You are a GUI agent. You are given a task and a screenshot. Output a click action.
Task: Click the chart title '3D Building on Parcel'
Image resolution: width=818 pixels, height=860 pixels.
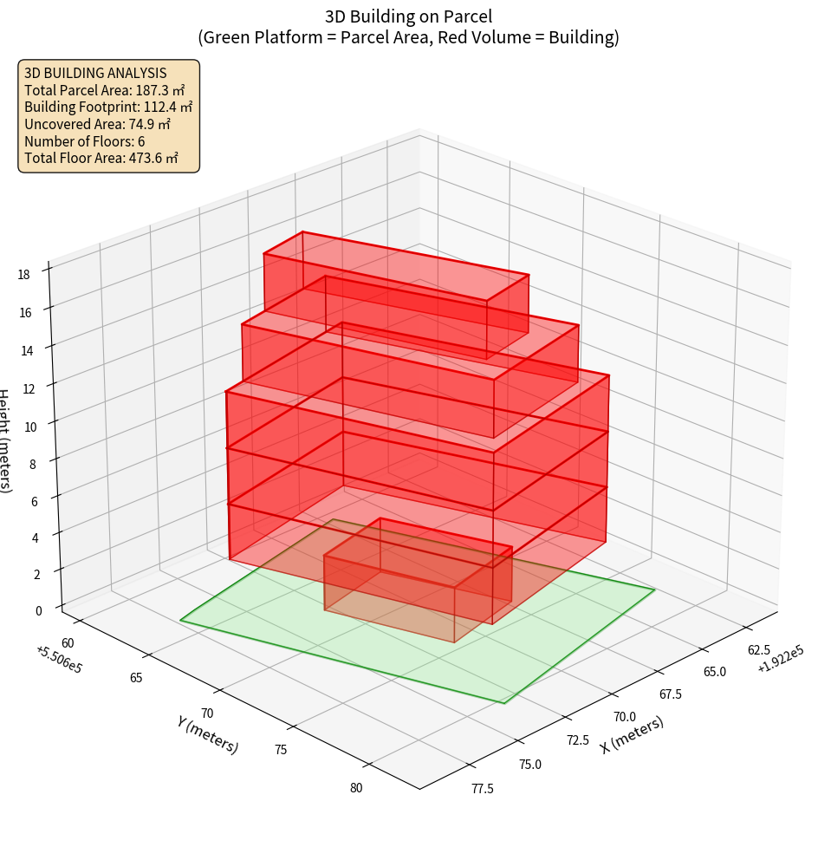[408, 16]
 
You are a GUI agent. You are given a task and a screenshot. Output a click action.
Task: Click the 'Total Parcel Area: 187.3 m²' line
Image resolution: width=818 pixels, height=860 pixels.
[105, 89]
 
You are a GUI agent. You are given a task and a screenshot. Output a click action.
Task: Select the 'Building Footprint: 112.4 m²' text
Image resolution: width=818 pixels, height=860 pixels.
[108, 107]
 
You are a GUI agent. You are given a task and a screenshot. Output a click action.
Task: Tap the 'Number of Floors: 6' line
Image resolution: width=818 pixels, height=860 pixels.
[84, 140]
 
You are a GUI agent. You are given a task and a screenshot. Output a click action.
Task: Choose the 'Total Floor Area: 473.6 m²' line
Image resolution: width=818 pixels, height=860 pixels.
[101, 158]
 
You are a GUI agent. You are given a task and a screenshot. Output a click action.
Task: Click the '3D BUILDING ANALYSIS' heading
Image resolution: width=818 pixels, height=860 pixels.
[95, 73]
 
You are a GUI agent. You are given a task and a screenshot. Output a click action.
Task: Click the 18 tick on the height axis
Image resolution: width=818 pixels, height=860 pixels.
[23, 275]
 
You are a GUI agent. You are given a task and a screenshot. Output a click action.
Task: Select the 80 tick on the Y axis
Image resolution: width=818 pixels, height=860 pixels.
[356, 788]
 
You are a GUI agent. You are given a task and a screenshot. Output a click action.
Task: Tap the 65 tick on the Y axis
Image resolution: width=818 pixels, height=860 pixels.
[136, 678]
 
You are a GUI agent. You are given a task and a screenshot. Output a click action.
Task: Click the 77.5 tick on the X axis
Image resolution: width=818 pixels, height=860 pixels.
[484, 788]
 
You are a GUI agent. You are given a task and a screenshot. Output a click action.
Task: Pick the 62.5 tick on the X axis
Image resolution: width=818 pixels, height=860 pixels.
[759, 650]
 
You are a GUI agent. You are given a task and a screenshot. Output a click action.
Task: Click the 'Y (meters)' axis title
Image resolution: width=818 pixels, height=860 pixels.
[207, 734]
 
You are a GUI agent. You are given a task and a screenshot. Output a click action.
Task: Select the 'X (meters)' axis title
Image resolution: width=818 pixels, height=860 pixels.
[633, 734]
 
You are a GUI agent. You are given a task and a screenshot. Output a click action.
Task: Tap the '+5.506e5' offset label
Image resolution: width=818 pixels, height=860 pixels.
[59, 660]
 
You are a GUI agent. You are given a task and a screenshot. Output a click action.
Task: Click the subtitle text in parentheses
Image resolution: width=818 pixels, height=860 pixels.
[408, 37]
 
